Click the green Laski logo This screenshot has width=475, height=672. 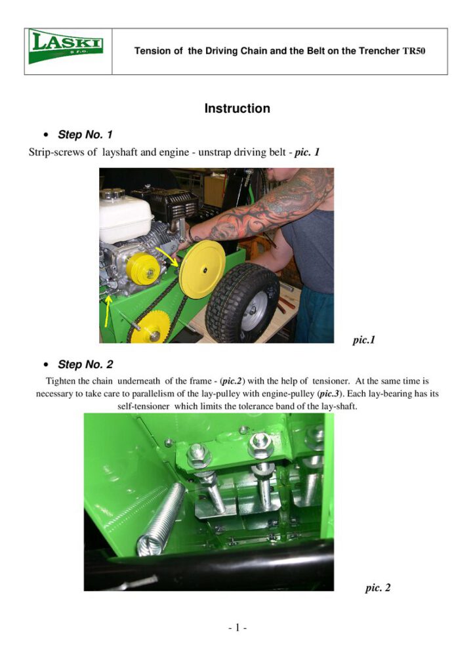pos(66,47)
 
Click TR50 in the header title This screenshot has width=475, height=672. pos(414,51)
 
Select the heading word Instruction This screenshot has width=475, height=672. pos(237,108)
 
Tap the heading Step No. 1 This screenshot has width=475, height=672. pos(85,135)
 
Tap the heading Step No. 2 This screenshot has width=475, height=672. pos(85,364)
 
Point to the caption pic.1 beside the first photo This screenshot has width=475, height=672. pos(363,341)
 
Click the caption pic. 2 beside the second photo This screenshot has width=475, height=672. pos(378,587)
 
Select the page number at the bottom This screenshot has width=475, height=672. pos(237,628)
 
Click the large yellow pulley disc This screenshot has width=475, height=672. pos(202,270)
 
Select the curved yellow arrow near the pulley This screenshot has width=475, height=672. pos(168,255)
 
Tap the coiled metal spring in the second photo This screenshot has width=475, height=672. pos(161,520)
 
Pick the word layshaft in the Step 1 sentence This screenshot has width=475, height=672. pos(120,152)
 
